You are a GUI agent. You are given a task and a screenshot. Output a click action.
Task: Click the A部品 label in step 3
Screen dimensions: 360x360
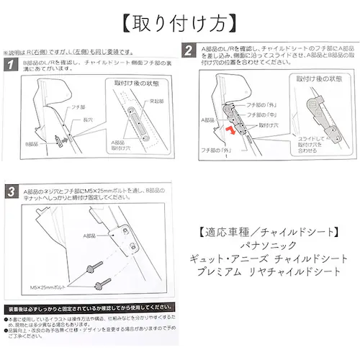(x=91, y=234)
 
